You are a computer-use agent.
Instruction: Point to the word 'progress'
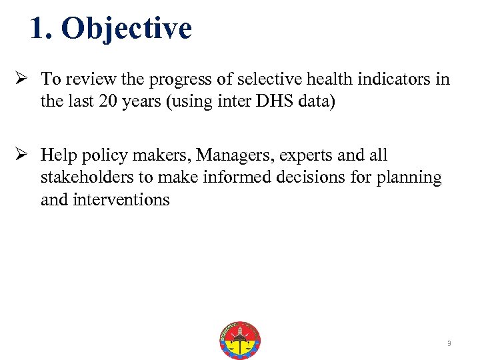tap(174, 79)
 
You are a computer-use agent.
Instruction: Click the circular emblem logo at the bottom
tap(240, 341)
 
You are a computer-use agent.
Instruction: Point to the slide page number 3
tap(449, 343)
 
